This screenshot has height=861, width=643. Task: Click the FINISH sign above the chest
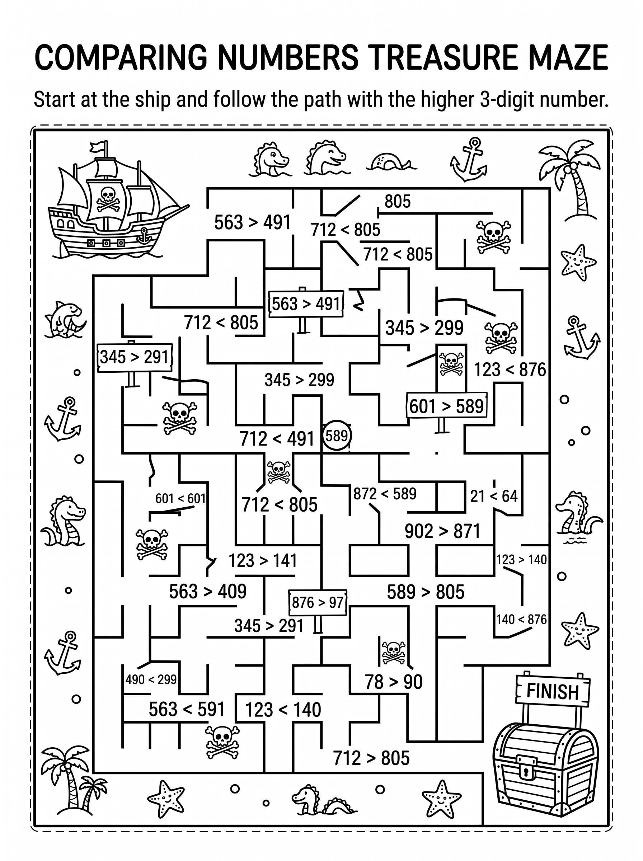[553, 691]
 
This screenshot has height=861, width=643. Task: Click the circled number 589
[337, 436]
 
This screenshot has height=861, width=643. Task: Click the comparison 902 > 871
[442, 531]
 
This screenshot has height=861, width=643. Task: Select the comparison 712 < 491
[277, 439]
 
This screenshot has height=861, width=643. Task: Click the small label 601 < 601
[180, 498]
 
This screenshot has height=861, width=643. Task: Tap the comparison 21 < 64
[494, 496]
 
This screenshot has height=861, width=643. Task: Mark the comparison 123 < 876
[510, 370]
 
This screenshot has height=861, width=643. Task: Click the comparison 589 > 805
[426, 592]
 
